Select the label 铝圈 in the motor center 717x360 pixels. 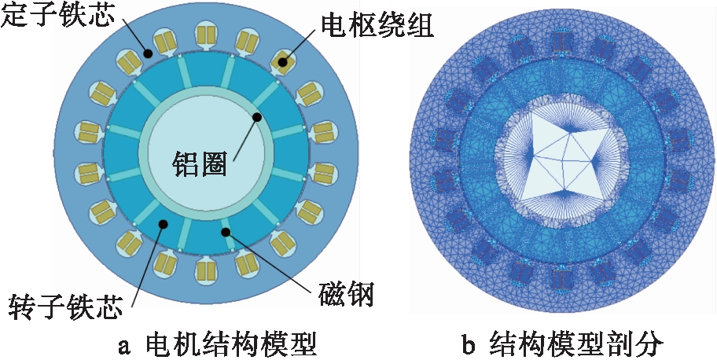[200, 164]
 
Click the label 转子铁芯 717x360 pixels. [63, 305]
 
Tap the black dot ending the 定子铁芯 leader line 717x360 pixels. [147, 54]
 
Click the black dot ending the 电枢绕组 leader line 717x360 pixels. [282, 59]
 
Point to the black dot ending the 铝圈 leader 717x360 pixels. [256, 116]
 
